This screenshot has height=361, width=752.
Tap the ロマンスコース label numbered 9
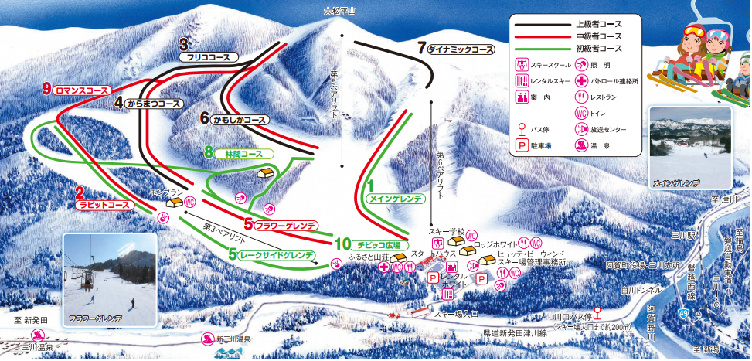pos(81,89)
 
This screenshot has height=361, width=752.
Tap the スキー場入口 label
pos(456,315)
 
